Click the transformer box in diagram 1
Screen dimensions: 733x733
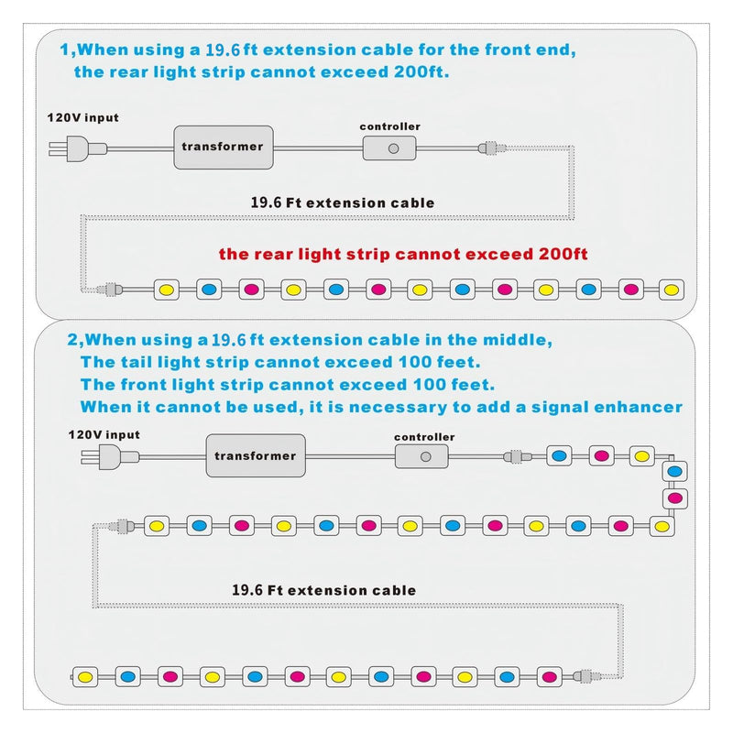click(x=224, y=148)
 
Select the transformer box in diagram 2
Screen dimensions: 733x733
click(x=256, y=455)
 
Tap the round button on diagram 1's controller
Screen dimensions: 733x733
click(x=394, y=148)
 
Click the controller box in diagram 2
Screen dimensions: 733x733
click(x=421, y=456)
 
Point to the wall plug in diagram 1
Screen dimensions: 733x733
click(x=78, y=148)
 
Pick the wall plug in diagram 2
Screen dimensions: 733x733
click(x=110, y=456)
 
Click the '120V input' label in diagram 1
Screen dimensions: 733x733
click(x=82, y=118)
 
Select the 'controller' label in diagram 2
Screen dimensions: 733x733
click(x=424, y=437)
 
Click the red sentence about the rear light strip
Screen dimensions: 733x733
click(x=403, y=255)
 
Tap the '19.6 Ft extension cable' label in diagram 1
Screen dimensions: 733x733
click(x=343, y=202)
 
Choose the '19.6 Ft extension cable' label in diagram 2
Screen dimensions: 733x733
click(x=324, y=590)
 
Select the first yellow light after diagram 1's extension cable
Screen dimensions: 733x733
click(x=167, y=290)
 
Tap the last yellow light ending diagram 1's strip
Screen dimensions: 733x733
click(x=672, y=290)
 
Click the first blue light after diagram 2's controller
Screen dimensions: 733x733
click(x=559, y=456)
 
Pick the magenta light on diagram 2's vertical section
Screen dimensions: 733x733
click(x=675, y=498)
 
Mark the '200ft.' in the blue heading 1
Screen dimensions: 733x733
click(x=421, y=72)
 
